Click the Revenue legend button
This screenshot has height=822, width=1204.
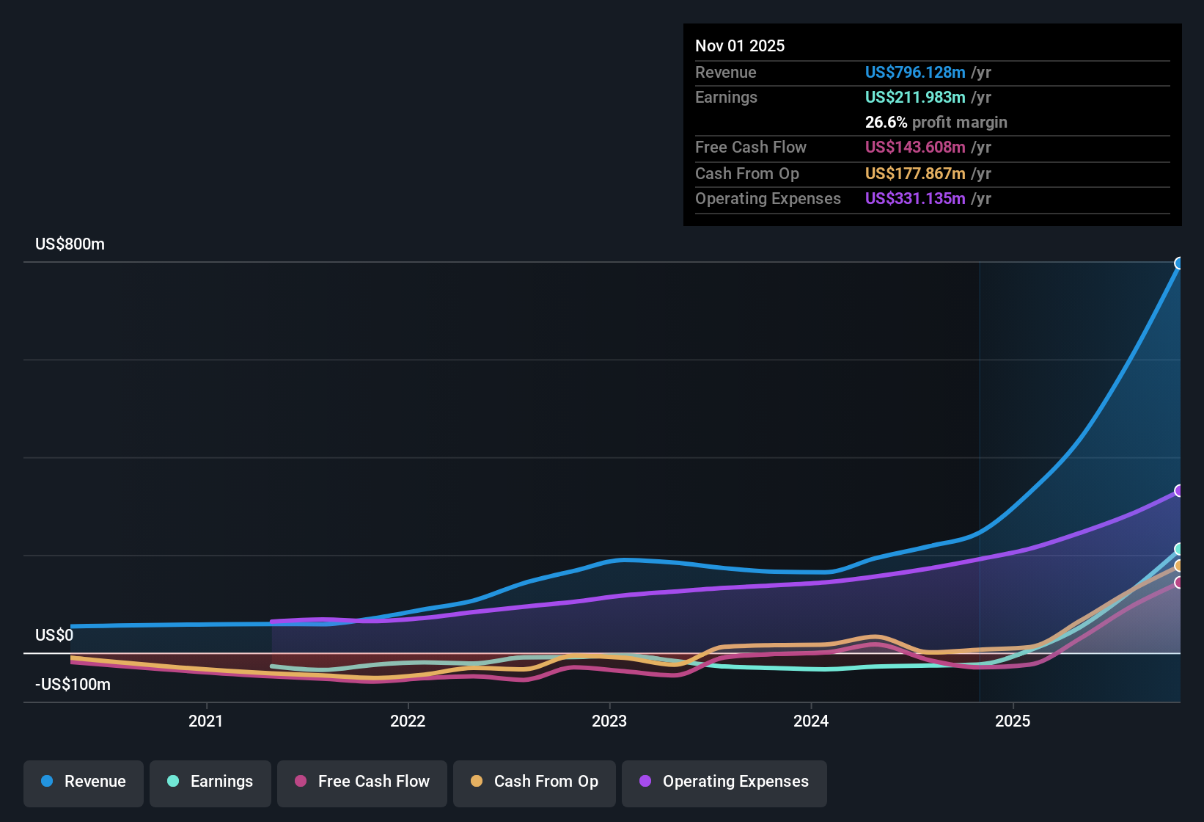[x=84, y=782]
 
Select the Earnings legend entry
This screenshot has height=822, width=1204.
[x=210, y=782]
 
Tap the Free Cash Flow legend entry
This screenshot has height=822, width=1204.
[x=362, y=782]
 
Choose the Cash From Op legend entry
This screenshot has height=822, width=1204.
[x=535, y=782]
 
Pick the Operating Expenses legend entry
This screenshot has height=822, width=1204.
[x=724, y=782]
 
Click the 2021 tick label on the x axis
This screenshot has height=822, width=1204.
[x=205, y=721]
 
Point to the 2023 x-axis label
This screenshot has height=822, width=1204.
[x=609, y=721]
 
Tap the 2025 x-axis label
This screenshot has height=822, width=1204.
[x=1013, y=721]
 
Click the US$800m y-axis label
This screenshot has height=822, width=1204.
[x=70, y=244]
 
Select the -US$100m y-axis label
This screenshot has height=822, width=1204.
[x=73, y=685]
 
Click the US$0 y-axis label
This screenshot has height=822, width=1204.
[x=54, y=636]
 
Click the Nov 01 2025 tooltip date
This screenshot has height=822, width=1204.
[x=740, y=46]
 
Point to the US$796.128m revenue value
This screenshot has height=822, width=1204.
[x=914, y=73]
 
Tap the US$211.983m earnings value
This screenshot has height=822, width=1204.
[x=914, y=98]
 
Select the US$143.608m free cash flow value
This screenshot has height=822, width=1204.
[x=914, y=148]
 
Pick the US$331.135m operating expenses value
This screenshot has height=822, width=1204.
[x=914, y=199]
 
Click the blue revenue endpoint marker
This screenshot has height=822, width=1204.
[x=1179, y=263]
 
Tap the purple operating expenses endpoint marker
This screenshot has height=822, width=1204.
[x=1179, y=490]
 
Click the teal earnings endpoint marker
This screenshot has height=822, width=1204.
[x=1179, y=549]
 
